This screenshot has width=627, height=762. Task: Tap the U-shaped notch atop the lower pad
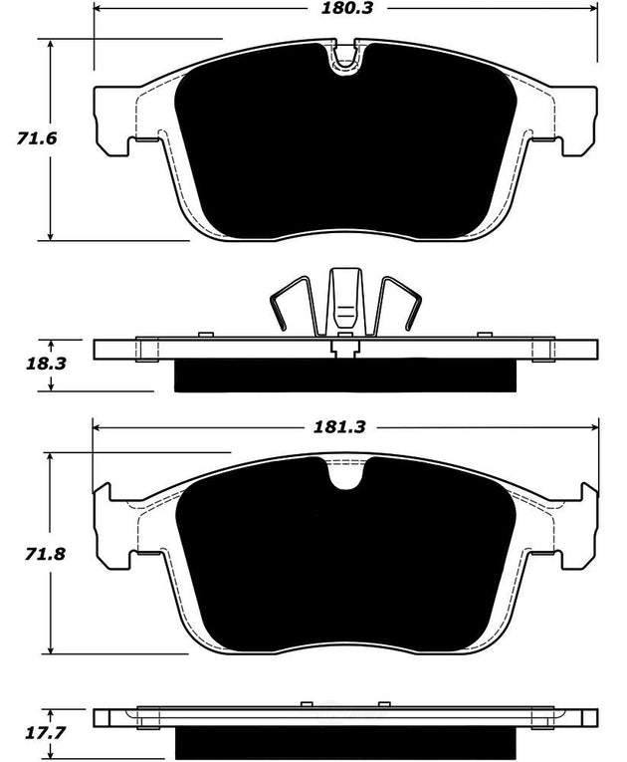(x=345, y=476)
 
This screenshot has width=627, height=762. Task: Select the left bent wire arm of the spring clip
(x=291, y=304)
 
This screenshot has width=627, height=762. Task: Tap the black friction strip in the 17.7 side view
(x=345, y=745)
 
